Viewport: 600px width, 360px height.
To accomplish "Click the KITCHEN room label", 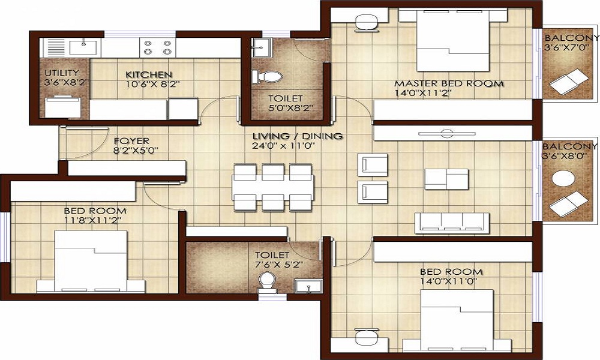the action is pos(149,74).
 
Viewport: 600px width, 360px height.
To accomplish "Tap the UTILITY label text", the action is pos(62,73).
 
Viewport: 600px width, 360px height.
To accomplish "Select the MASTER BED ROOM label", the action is pos(449,83).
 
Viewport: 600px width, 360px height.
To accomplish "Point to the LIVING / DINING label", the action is pos(298,136).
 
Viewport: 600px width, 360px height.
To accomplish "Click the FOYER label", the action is pos(131,141).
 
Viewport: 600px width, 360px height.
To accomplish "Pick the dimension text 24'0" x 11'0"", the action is pos(283,146).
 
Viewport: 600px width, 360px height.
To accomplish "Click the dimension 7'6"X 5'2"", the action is pos(279,265).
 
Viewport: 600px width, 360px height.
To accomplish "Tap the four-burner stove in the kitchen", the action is pos(158,47).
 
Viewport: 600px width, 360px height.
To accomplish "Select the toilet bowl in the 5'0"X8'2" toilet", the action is pos(268,77).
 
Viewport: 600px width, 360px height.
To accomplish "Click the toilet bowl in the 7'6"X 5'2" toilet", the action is pos(267,281).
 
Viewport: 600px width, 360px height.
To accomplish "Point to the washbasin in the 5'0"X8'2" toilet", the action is pos(262,47).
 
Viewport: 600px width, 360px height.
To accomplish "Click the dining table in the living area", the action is pos(273,187).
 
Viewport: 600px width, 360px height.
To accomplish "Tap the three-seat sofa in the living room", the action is pos(452,223).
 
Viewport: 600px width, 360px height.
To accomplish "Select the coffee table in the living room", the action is pos(446,179).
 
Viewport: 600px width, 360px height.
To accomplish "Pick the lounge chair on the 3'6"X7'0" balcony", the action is pos(568,81).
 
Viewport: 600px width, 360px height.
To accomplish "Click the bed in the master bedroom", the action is pos(453,40).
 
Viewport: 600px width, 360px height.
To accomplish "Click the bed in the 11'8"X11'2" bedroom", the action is pos(91,261).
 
